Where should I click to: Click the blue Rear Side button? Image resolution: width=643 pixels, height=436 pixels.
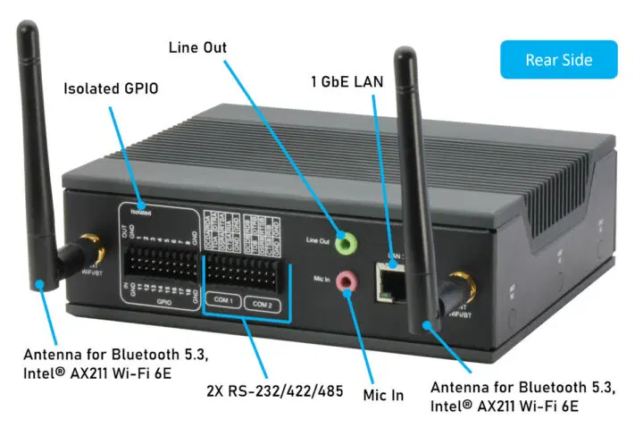[x=558, y=59]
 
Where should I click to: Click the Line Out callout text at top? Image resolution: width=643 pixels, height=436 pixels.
[x=197, y=46]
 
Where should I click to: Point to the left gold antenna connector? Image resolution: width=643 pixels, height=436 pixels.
[x=88, y=244]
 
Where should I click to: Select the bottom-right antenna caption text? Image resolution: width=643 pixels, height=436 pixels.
[x=521, y=397]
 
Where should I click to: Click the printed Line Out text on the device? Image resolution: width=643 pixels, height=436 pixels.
[x=318, y=239]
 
